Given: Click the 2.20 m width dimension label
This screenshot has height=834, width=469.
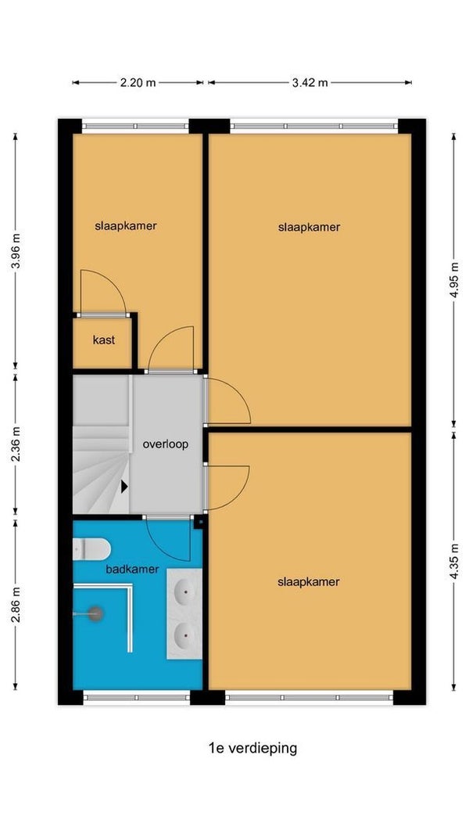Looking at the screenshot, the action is (138, 82).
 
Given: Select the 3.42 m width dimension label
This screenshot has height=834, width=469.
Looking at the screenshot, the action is (310, 82).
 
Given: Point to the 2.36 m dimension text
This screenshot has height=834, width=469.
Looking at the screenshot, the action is (16, 444).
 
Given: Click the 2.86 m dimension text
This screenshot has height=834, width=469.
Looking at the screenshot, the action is (16, 605).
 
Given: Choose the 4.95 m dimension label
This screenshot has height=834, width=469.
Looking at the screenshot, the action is (454, 281).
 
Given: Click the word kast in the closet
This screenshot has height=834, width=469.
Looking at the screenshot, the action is (104, 340).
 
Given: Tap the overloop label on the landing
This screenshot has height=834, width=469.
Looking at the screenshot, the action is (165, 444).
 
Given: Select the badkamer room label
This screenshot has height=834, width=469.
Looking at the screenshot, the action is (132, 569).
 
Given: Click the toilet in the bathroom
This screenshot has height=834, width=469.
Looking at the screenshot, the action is (91, 549).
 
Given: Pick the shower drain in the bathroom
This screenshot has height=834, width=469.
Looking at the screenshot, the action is (95, 614).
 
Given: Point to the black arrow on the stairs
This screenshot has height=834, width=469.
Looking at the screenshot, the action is (124, 486).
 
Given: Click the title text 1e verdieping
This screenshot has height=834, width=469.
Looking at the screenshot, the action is (252, 749).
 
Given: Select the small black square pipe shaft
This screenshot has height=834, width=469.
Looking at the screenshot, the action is (200, 523).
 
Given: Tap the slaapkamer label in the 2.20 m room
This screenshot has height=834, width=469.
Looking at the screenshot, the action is (126, 225).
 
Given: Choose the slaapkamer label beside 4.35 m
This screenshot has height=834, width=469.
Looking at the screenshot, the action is (309, 582).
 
